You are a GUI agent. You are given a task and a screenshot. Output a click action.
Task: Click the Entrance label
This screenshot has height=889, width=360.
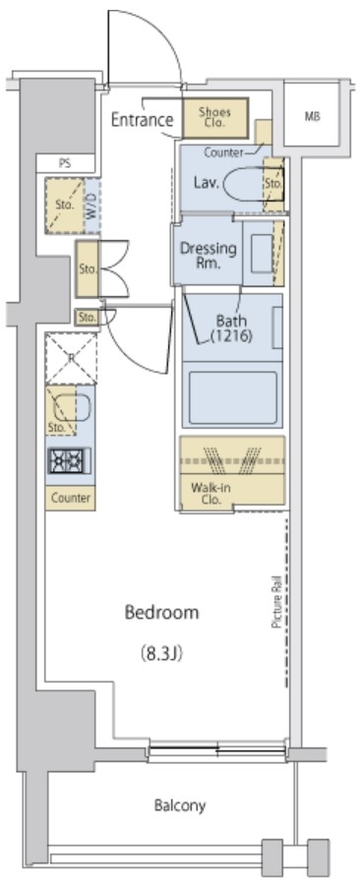click(142, 120)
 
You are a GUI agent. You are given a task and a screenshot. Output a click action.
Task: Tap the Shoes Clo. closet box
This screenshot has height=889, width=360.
click(215, 117)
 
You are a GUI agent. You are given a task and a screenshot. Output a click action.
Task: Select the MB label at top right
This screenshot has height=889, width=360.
click(312, 117)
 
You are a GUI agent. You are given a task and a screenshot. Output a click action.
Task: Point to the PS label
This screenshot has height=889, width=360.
click(65, 162)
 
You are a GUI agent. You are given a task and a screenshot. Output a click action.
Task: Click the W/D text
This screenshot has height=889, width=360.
click(91, 206)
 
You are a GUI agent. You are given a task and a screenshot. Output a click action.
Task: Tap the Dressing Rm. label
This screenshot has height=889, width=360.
click(209, 255)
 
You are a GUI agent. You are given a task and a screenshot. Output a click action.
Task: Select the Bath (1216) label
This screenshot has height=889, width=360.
click(231, 328)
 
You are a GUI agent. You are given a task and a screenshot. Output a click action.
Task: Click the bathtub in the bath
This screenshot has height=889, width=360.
click(232, 397)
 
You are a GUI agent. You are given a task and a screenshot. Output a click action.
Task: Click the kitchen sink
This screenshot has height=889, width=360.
click(72, 409)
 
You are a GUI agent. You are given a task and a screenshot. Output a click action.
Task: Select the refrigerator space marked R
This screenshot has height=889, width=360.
click(71, 358)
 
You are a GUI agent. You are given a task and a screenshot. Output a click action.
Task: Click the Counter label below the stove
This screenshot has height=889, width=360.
click(71, 499)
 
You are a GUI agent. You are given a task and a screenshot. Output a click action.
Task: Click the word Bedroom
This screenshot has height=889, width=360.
click(161, 613)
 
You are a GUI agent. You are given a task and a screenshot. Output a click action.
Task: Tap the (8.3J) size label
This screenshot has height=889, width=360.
click(161, 654)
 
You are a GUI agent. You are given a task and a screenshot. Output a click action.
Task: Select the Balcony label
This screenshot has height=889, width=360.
click(180, 805)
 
